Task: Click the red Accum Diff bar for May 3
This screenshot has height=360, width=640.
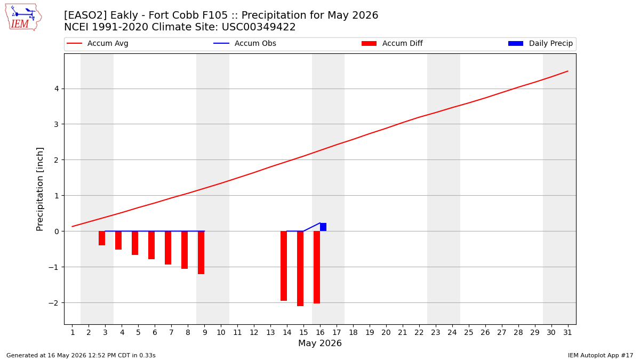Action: pyautogui.click(x=102, y=238)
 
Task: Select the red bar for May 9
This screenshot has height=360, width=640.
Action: pyautogui.click(x=201, y=253)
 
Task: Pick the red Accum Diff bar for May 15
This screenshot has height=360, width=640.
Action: pyautogui.click(x=300, y=269)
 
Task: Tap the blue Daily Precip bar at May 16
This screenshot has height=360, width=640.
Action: pyautogui.click(x=323, y=227)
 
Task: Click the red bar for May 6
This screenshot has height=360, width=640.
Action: pyautogui.click(x=151, y=245)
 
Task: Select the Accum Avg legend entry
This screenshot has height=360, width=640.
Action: pyautogui.click(x=98, y=43)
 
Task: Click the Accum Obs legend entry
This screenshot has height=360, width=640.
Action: pyautogui.click(x=245, y=43)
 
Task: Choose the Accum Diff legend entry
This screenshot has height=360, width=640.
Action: pyautogui.click(x=392, y=43)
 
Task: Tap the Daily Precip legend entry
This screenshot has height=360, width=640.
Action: pyautogui.click(x=541, y=43)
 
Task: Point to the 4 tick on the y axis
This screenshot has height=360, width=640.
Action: pyautogui.click(x=57, y=89)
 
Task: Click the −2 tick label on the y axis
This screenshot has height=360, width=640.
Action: pyautogui.click(x=54, y=303)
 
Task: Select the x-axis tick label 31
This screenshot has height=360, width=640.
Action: pyautogui.click(x=567, y=332)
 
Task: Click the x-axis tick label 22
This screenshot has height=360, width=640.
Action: pyautogui.click(x=419, y=332)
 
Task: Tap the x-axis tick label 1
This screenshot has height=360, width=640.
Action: pyautogui.click(x=73, y=332)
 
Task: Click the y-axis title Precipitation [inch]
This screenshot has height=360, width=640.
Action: pyautogui.click(x=39, y=189)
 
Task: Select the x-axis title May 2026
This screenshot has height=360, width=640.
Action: pyautogui.click(x=320, y=343)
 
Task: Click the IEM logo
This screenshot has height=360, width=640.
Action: pyautogui.click(x=23, y=17)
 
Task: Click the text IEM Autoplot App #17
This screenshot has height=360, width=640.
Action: pyautogui.click(x=601, y=355)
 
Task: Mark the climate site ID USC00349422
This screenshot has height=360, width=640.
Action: pyautogui.click(x=259, y=27)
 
